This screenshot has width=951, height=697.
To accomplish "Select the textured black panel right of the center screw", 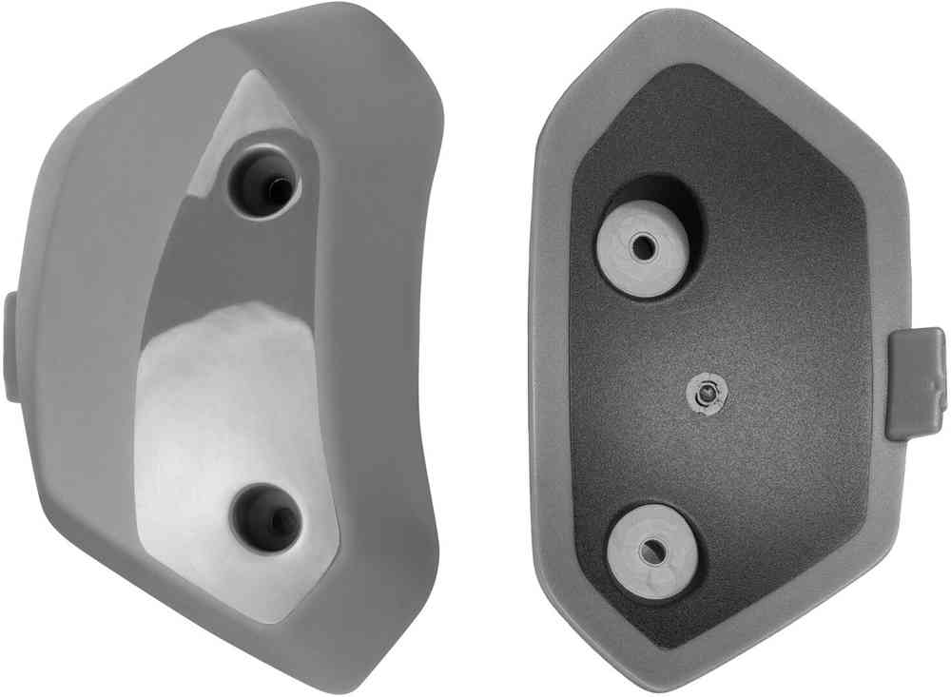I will click(x=789, y=390).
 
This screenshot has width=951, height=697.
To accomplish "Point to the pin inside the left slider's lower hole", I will click(x=277, y=518).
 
